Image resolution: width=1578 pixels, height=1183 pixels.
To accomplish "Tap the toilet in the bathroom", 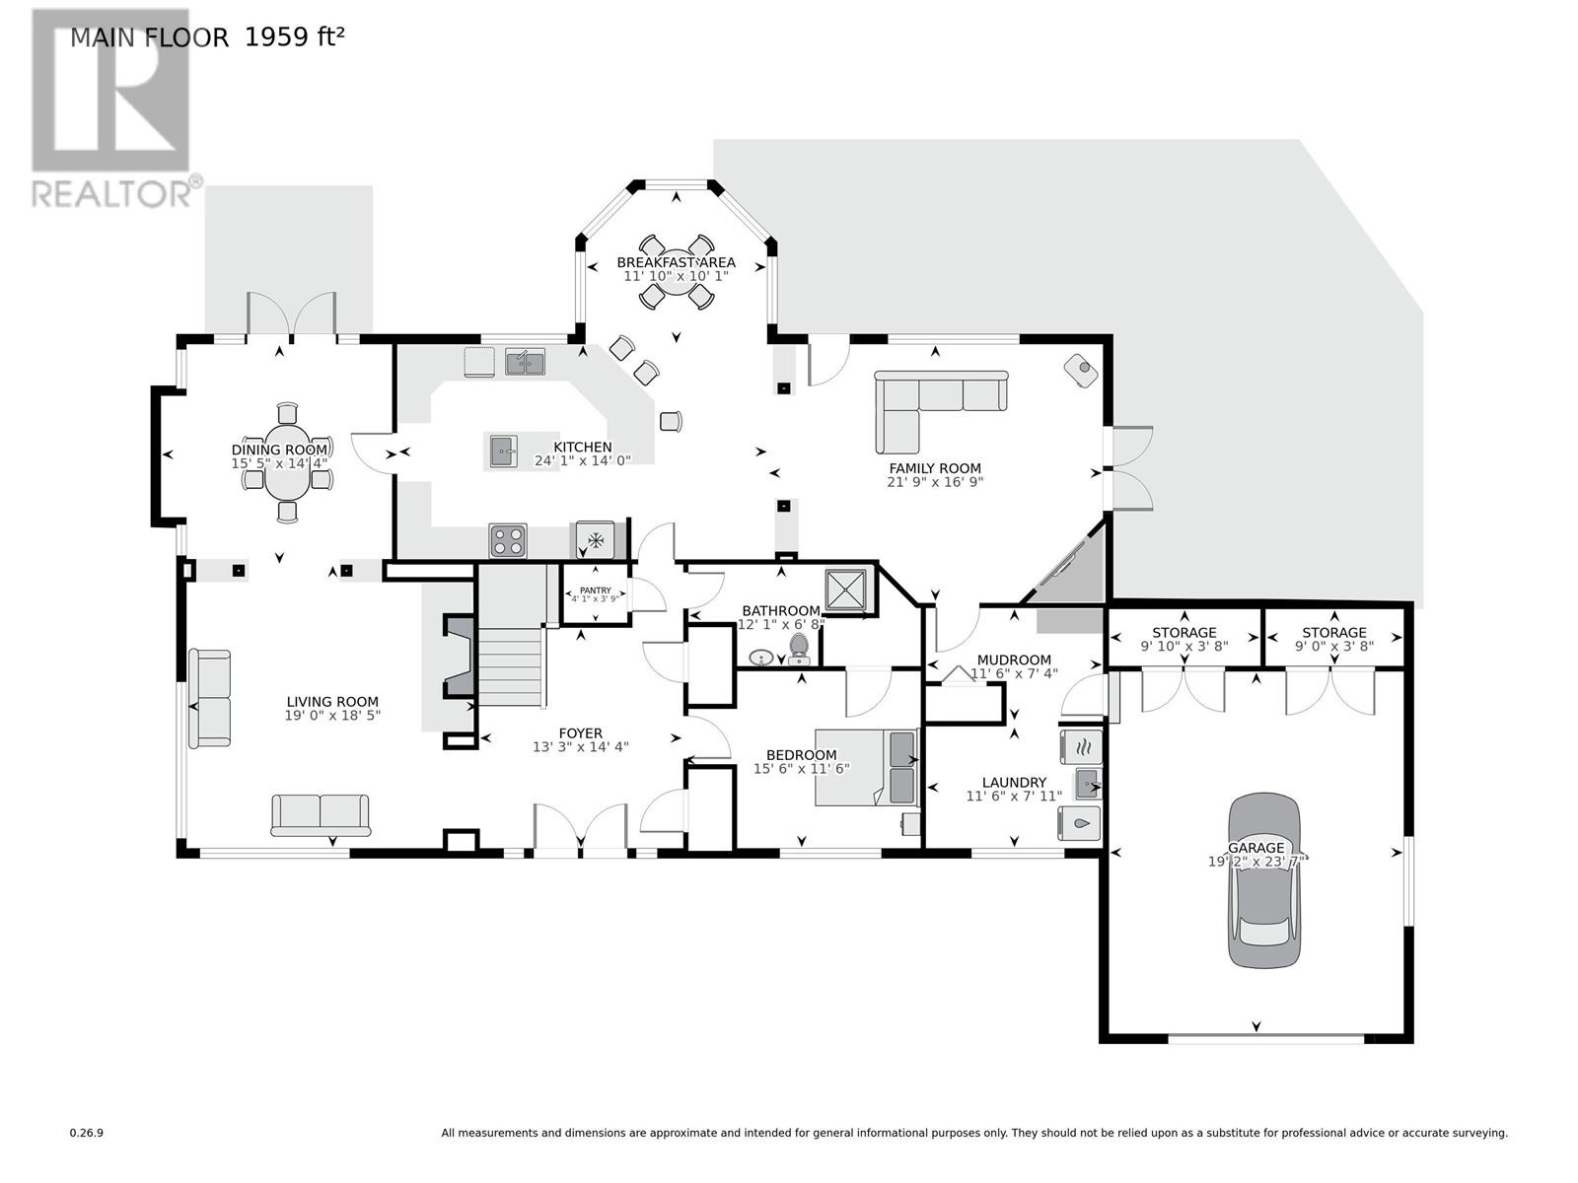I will (799, 648).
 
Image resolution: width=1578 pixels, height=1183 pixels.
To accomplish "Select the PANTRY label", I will (595, 591).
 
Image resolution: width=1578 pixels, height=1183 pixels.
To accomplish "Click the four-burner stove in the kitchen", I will (508, 541).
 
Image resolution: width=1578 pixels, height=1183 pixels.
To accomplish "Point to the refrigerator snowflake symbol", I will (595, 540).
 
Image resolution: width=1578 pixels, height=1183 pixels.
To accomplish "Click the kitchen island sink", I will (503, 452).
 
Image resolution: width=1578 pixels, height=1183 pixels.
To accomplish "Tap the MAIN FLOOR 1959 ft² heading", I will (207, 37).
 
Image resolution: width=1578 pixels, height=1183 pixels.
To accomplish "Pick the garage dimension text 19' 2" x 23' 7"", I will (1256, 862).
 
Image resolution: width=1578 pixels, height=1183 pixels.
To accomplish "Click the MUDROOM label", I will (1014, 660).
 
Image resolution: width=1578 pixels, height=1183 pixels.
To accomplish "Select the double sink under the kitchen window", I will (525, 362).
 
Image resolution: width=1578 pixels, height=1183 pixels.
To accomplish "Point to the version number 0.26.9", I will (87, 1134).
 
